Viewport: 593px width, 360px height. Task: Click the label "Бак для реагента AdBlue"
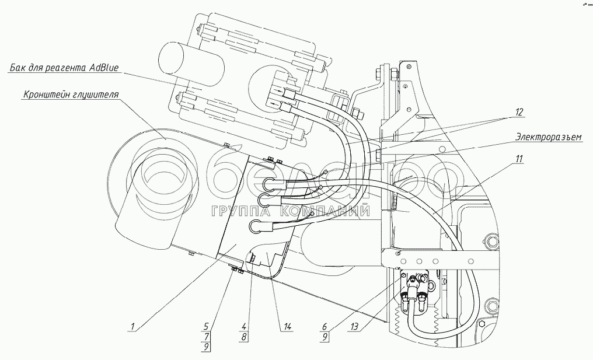click(64, 68)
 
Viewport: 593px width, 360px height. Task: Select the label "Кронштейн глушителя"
click(71, 95)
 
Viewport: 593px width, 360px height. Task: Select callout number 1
click(133, 327)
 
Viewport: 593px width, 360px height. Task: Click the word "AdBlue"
click(104, 68)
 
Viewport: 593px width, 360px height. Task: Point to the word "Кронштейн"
click(47, 95)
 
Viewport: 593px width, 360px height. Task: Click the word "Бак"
click(16, 68)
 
